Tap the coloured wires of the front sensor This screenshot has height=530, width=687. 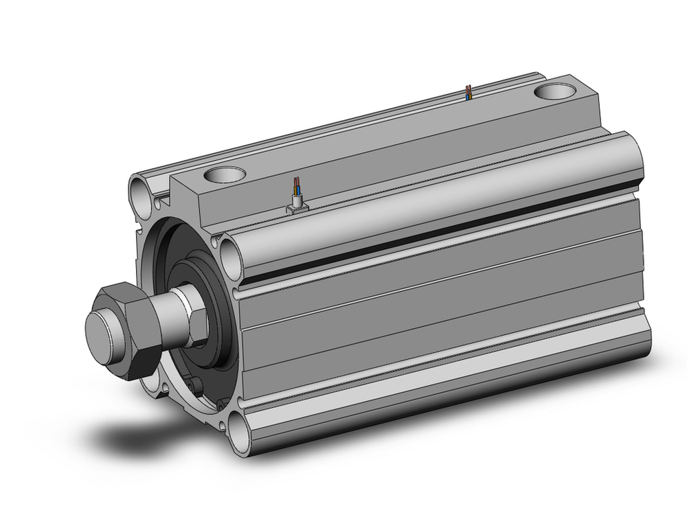click(296, 187)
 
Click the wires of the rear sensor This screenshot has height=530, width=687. click(469, 92)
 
